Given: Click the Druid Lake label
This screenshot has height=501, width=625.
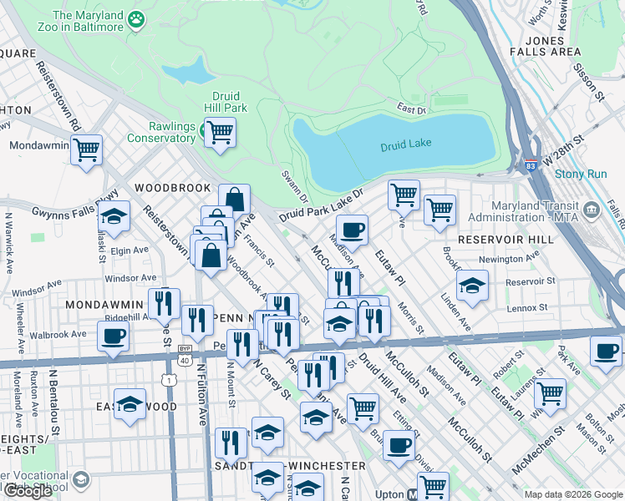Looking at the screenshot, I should pos(405,144).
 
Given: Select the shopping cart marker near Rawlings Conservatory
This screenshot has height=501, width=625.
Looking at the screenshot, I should pos(220,132).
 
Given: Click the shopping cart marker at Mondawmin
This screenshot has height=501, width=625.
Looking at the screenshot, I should pos(86,150).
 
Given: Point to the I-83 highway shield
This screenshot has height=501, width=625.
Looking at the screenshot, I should pos(528,166).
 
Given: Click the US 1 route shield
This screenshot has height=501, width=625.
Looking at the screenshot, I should pos(170,379).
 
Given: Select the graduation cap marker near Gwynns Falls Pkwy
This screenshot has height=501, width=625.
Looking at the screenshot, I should pos(114,217).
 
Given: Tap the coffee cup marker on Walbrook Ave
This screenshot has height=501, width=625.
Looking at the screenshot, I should pos(113,337).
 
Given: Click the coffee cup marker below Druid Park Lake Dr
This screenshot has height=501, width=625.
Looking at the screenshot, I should pos(352,230).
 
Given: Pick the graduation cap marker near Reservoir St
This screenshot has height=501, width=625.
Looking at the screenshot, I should pos(472,287).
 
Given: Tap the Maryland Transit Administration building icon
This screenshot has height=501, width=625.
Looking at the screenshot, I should pos(592,208).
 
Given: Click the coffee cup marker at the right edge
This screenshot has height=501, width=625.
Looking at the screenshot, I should pos(606,352).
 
